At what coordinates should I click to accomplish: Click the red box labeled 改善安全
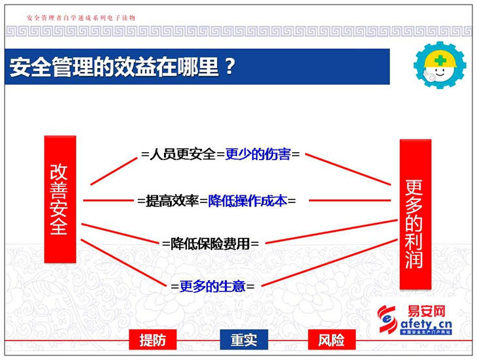coord(60,199)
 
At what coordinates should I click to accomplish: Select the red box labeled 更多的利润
coord(415,214)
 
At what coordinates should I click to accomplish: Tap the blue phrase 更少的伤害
coord(258,154)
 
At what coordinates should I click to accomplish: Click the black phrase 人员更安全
coord(182,154)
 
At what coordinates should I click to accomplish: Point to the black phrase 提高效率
coord(173,201)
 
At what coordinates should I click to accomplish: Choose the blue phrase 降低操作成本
coord(248,201)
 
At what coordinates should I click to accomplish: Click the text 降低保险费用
coord(210,244)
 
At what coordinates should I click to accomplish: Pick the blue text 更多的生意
coord(212,286)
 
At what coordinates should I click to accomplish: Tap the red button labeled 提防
coord(153,340)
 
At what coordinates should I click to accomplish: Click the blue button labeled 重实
coord(244,340)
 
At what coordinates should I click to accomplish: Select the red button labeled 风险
coord(331,340)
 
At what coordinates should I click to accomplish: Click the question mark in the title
coord(230,67)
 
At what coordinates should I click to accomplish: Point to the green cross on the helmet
coord(440,60)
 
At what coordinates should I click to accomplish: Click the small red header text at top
coord(81,18)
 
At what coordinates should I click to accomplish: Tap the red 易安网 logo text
coord(426,312)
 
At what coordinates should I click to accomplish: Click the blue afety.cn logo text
coord(426,324)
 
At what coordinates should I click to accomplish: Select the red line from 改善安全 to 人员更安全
coord(114,171)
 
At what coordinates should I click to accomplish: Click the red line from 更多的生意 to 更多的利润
coord(329,263)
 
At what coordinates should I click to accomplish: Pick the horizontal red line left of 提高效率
coord(108,201)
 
